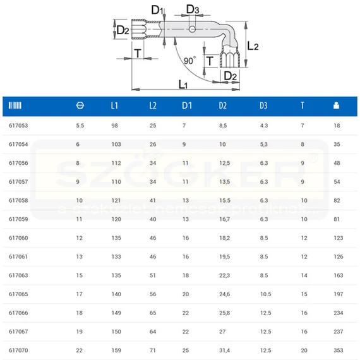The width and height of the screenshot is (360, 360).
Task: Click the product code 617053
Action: point(18,126)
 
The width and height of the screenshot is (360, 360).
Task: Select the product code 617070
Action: point(18,351)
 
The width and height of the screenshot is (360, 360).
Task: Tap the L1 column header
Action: point(114,105)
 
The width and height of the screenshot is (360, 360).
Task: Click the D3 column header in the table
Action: point(263,105)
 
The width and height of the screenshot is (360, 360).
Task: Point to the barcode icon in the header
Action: point(15,105)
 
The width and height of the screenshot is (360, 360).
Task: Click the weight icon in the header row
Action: point(336,105)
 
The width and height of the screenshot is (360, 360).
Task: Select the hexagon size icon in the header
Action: point(80,105)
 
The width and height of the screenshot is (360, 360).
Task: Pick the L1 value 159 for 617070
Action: point(116,351)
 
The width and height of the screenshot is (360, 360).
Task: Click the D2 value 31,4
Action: point(225,351)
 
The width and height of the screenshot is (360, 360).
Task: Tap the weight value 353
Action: point(339,351)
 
